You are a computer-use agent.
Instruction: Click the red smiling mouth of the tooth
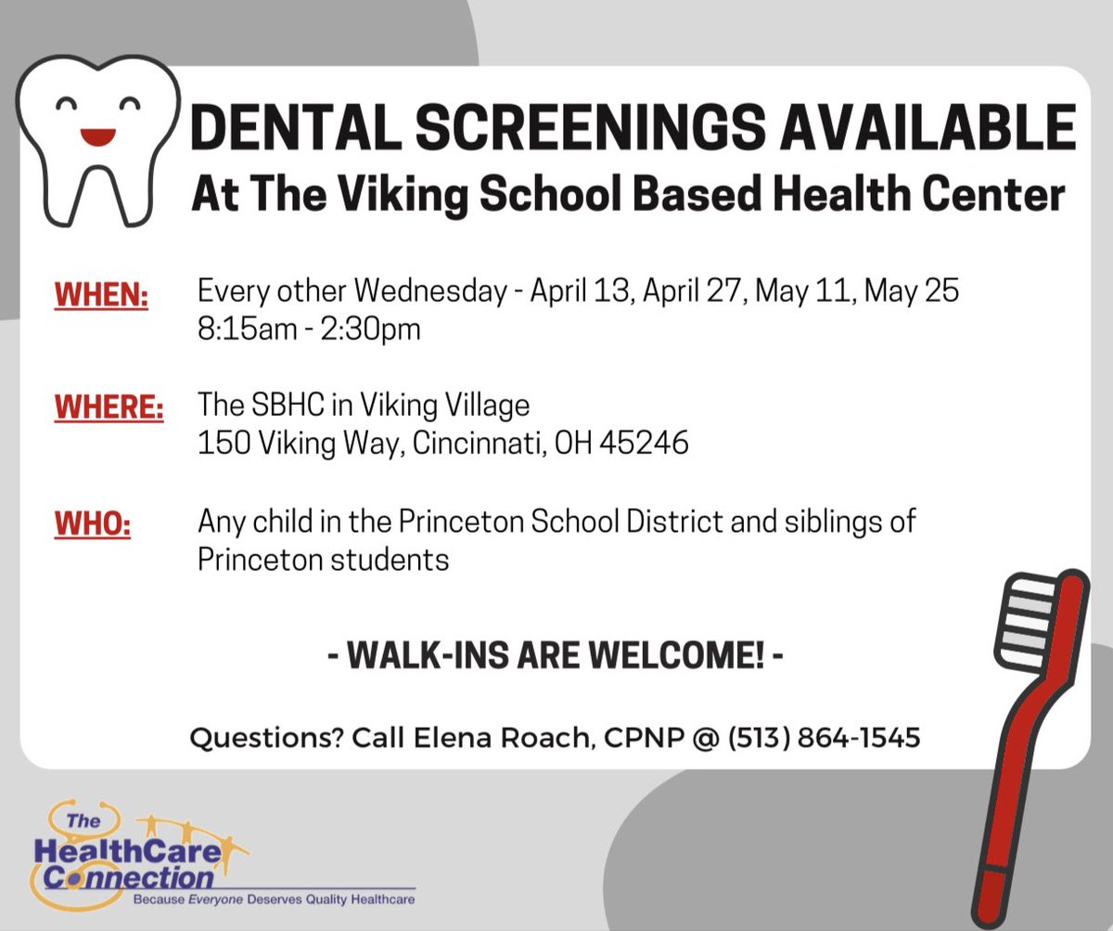point(96,136)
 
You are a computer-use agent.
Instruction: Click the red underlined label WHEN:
point(102,296)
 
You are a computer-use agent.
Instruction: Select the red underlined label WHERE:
point(109,409)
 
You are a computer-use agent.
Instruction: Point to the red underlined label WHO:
point(93,524)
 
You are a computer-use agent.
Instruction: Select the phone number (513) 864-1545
point(824,738)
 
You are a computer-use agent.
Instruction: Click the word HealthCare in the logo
point(127,849)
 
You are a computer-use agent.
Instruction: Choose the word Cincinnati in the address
point(464,444)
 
